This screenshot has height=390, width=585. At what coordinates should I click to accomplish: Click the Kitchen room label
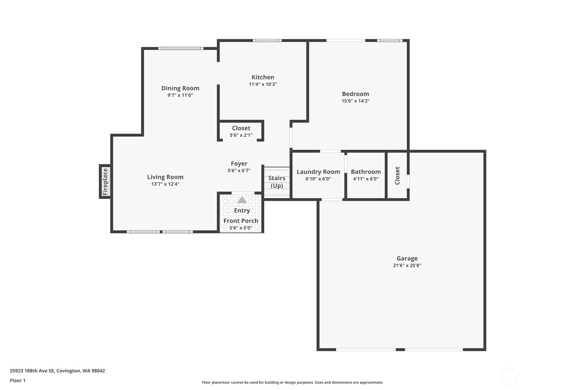pyautogui.click(x=263, y=77)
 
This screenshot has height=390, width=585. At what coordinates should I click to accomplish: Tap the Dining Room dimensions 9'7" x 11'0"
pyautogui.click(x=180, y=95)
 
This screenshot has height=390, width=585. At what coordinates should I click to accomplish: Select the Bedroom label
pyautogui.click(x=355, y=94)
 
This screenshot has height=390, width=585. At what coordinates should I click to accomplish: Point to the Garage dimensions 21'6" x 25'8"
pyautogui.click(x=407, y=266)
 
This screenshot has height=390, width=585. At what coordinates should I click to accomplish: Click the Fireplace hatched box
pyautogui.click(x=105, y=181)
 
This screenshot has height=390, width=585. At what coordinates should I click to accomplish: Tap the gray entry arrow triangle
pyautogui.click(x=242, y=200)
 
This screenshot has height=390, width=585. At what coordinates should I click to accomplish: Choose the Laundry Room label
pyautogui.click(x=318, y=172)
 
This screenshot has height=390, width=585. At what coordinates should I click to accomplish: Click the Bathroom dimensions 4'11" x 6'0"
pyautogui.click(x=366, y=179)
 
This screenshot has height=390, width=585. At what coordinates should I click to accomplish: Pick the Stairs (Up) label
pyautogui.click(x=277, y=182)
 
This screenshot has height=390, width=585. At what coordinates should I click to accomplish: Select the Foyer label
pyautogui.click(x=239, y=163)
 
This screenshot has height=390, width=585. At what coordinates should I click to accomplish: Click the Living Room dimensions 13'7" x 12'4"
pyautogui.click(x=165, y=184)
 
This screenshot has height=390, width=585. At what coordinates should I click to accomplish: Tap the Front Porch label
pyautogui.click(x=241, y=221)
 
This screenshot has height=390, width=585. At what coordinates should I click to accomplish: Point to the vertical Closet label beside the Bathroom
pyautogui.click(x=397, y=176)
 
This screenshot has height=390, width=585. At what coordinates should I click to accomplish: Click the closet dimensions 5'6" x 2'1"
pyautogui.click(x=241, y=135)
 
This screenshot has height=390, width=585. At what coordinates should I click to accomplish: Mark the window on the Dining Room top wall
pyautogui.click(x=181, y=48)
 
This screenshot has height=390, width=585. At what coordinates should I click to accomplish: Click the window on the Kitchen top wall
pyautogui.click(x=267, y=40)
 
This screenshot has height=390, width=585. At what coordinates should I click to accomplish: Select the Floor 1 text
pyautogui.click(x=18, y=381)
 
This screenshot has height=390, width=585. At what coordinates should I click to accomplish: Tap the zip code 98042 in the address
pyautogui.click(x=98, y=371)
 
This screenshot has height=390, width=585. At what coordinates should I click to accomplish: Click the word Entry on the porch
pyautogui.click(x=242, y=211)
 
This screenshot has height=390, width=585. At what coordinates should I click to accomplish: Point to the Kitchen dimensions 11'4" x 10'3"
pyautogui.click(x=263, y=84)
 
